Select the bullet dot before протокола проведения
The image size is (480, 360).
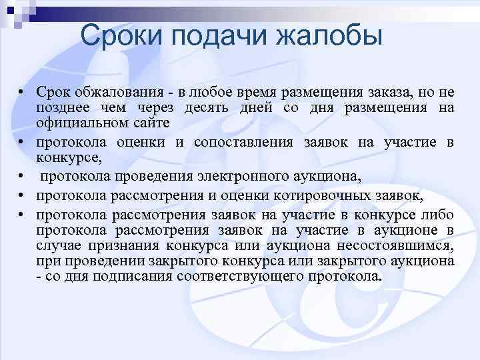coord(22,177)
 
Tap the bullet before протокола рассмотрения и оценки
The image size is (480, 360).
coord(22,195)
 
